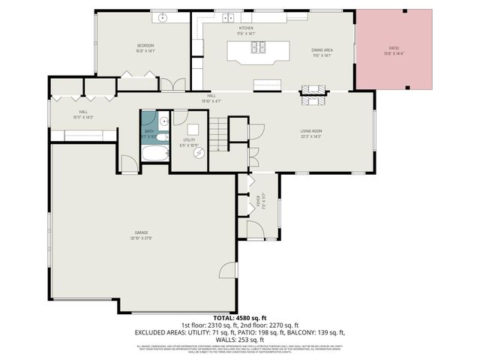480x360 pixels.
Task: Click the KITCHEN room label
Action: click(246, 28)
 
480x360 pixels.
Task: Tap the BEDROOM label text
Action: click(145, 46)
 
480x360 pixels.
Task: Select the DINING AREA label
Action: click(322, 49)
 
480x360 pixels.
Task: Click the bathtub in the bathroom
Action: click(155, 154)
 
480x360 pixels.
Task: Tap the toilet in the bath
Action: click(164, 136)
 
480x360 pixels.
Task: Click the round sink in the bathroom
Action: click(163, 119)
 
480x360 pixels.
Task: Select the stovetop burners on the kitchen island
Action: click(258, 48)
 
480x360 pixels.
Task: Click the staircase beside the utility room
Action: click(218, 134)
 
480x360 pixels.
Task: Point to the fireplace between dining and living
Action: click(314, 94)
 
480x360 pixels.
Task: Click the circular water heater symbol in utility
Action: click(199, 152)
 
